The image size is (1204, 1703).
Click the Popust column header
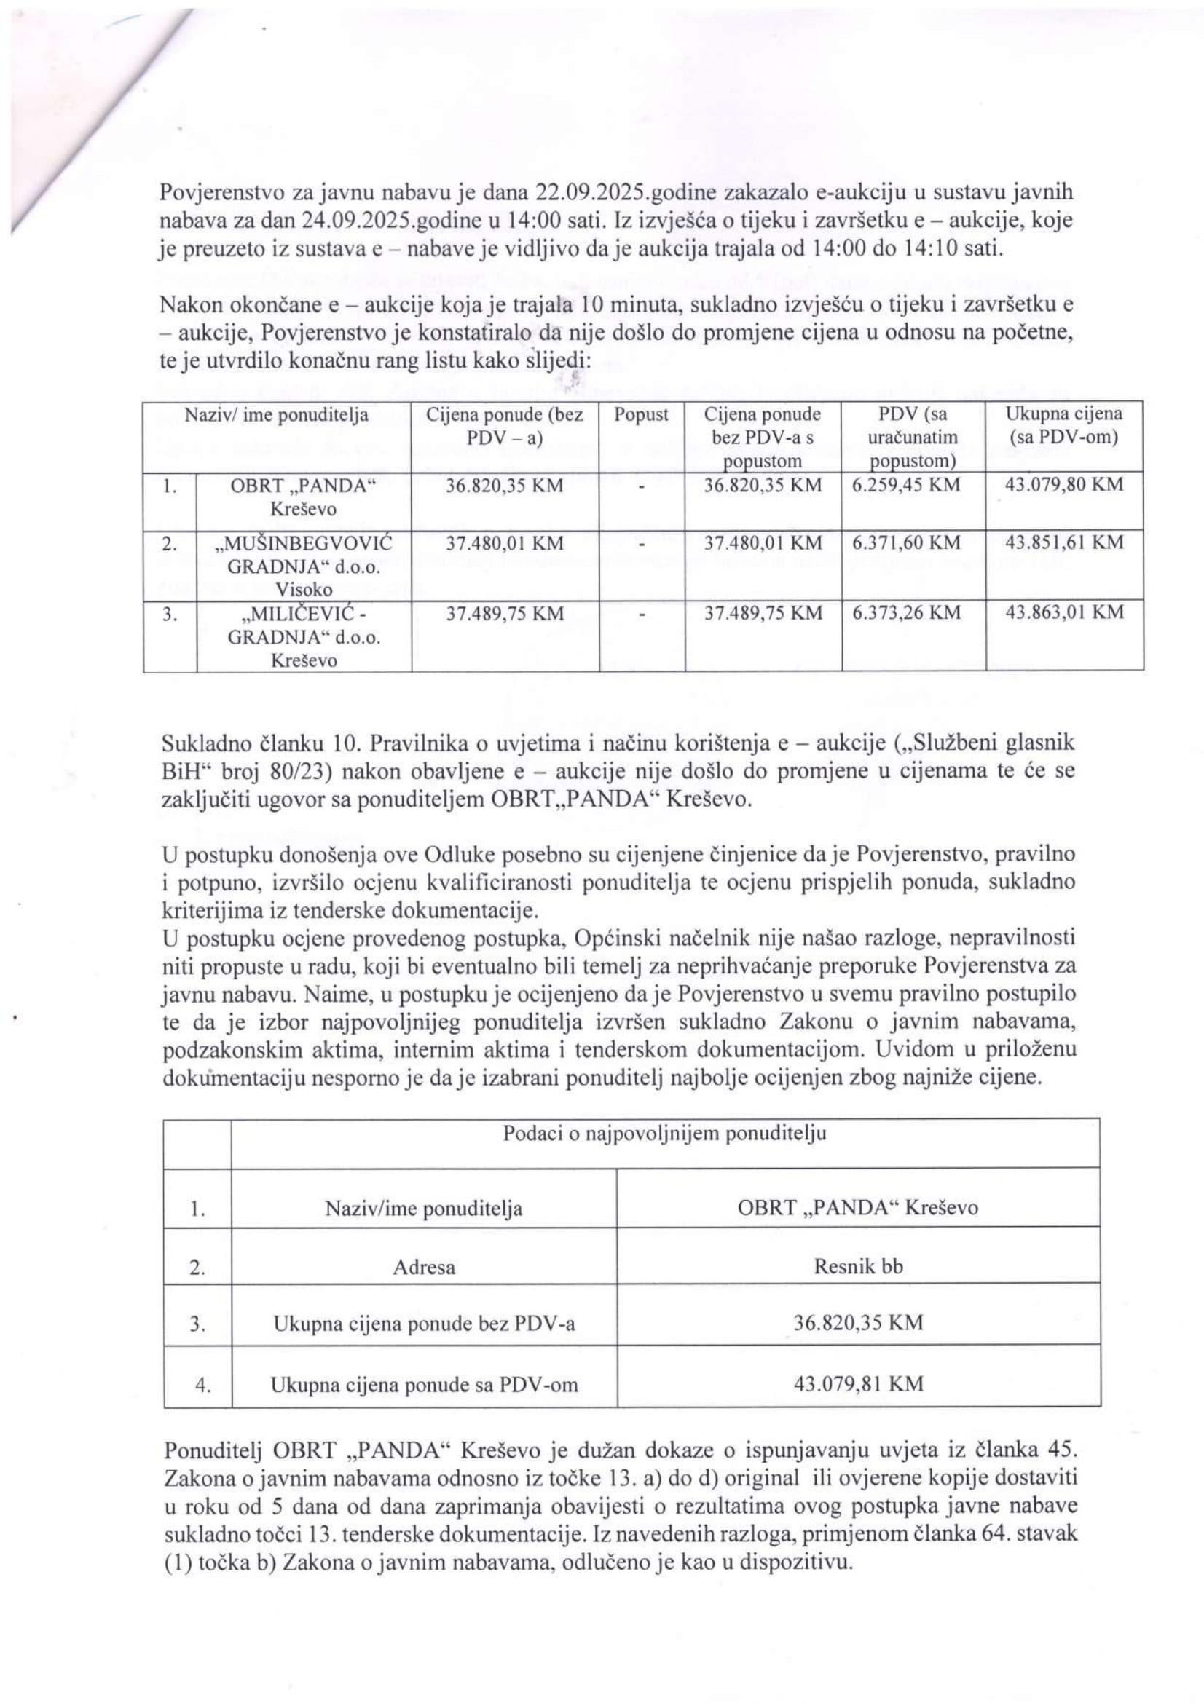[641, 414]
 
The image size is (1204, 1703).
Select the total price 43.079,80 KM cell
[1064, 485]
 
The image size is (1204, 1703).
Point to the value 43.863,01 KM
[1064, 612]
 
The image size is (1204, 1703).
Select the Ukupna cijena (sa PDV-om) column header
[1064, 426]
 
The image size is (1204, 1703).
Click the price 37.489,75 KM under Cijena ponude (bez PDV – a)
[505, 613]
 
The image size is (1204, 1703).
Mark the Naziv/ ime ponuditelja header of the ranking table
[277, 415]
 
